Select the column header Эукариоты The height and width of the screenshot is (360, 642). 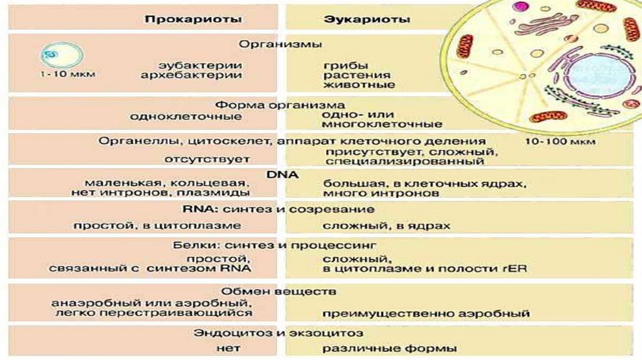click(x=367, y=19)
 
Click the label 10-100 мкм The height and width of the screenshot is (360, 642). click(x=560, y=142)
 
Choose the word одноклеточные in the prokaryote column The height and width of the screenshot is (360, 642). click(x=186, y=117)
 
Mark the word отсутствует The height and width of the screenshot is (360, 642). click(x=198, y=160)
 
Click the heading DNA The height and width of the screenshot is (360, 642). click(x=285, y=174)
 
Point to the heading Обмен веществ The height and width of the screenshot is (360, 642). click(x=279, y=292)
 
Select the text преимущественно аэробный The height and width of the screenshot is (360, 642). click(x=427, y=312)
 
